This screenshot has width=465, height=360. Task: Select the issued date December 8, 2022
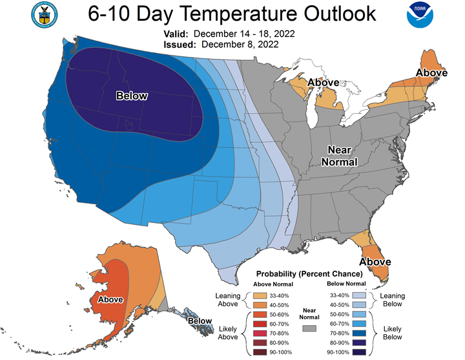[240, 45]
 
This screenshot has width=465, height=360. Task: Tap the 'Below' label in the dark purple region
[132, 96]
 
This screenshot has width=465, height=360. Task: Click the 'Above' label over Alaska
[110, 300]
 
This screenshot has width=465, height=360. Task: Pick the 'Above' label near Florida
[375, 262]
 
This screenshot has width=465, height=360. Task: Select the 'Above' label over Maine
[431, 73]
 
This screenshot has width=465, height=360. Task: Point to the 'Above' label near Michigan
[323, 83]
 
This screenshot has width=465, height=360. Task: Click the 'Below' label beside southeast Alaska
[200, 321]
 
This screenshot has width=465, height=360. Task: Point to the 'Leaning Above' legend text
[229, 299]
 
